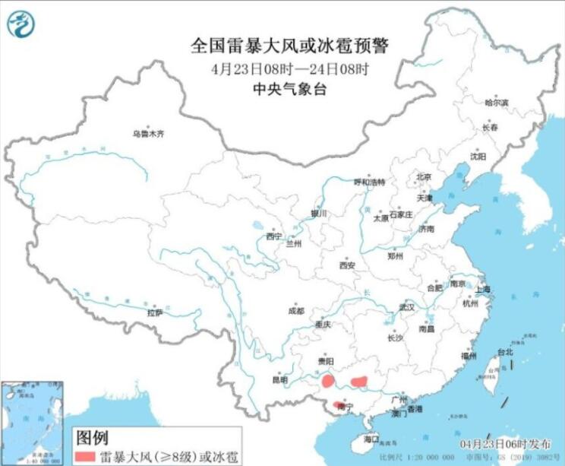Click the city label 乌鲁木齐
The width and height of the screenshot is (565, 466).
148,134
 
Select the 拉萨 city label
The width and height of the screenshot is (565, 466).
155,312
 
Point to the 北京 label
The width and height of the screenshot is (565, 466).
423,177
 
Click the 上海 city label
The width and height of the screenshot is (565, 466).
483,290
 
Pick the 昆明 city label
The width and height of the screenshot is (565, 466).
279,379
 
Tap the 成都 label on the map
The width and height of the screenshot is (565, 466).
296,310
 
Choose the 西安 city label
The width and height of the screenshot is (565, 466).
347,266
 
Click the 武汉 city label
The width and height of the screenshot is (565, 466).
407,308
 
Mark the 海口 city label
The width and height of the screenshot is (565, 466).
371,439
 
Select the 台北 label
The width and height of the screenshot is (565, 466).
505,352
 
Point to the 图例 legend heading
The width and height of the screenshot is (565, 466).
91,437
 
